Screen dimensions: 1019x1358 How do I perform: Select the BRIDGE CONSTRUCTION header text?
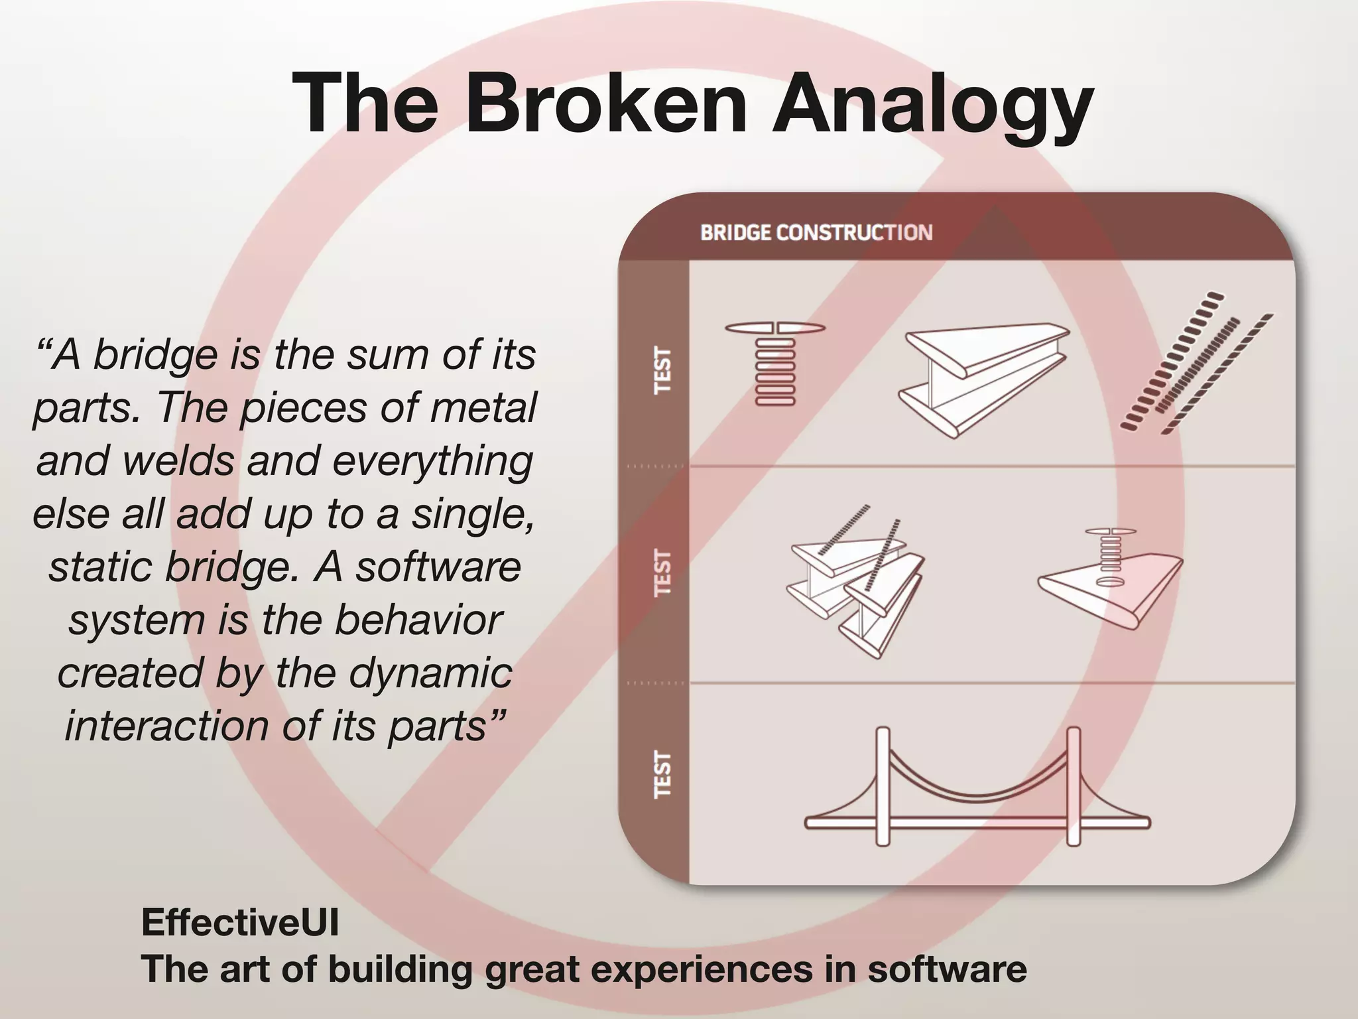(816, 233)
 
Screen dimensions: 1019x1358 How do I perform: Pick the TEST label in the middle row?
(662, 572)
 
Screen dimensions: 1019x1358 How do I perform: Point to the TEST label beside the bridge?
(662, 774)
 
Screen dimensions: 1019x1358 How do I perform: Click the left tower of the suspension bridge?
(883, 786)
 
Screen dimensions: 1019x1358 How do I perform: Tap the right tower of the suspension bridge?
(1074, 786)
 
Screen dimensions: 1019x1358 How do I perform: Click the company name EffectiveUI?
(240, 922)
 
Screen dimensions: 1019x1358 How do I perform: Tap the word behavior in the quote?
(418, 620)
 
